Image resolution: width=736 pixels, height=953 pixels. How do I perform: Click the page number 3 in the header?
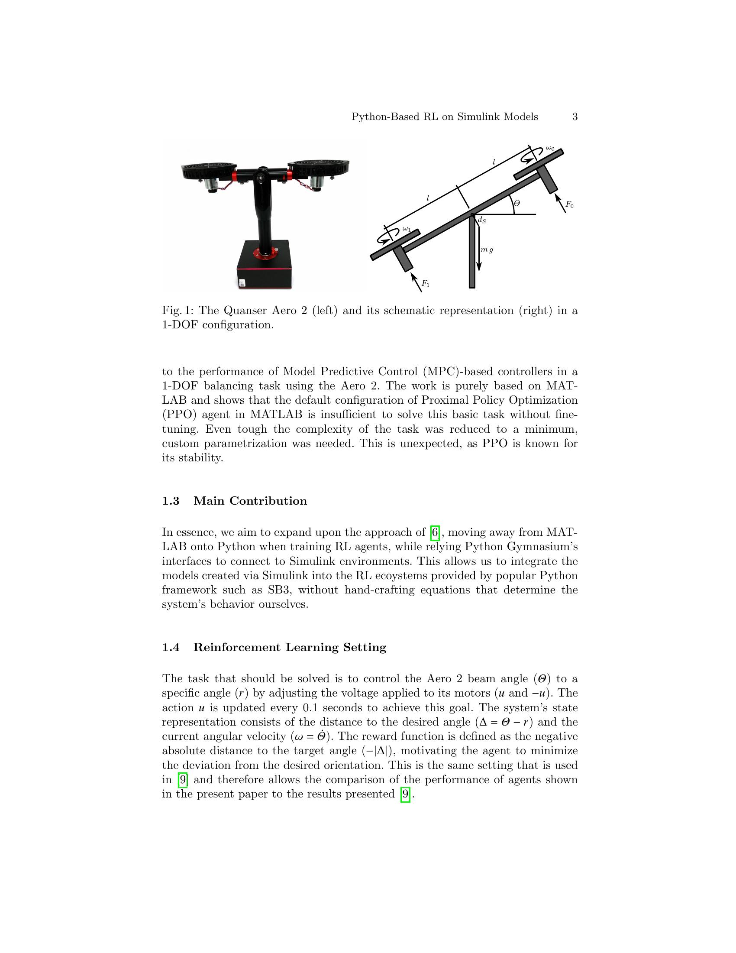[x=575, y=117]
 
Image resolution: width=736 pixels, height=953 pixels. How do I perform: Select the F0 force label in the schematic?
[x=569, y=204]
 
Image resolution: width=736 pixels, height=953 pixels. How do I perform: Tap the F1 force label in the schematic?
[x=425, y=284]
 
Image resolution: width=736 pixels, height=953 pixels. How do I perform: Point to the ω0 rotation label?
[x=550, y=149]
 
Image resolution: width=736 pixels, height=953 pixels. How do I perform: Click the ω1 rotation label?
[x=407, y=229]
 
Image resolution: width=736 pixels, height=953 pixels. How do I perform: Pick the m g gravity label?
[x=487, y=250]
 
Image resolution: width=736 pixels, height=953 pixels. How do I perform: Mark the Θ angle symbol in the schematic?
[x=516, y=203]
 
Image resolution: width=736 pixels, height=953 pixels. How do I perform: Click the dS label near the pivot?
[x=482, y=220]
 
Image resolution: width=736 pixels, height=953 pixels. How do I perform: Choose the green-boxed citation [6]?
[x=435, y=532]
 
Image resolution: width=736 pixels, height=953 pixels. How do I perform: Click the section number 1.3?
[x=171, y=501]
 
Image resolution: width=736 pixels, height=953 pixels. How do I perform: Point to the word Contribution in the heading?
[x=268, y=501]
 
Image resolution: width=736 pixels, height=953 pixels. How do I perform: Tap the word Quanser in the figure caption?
[x=244, y=311]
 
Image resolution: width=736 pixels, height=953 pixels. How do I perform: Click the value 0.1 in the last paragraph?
[x=310, y=708]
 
